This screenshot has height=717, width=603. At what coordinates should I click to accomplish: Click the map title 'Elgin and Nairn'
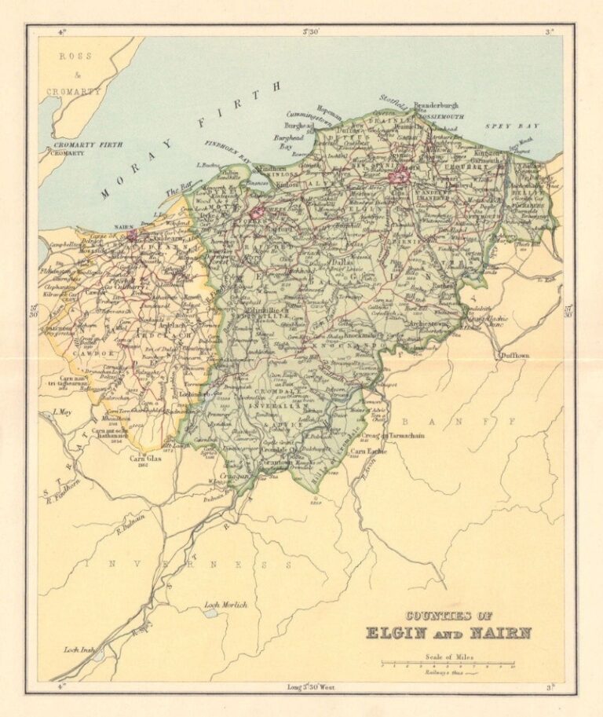pyautogui.click(x=448, y=632)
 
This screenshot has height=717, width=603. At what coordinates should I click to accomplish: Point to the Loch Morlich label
pyautogui.click(x=225, y=605)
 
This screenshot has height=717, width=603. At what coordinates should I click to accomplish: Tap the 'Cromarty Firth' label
pyautogui.click(x=81, y=145)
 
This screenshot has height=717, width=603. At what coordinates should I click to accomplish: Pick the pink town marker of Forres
pyautogui.click(x=258, y=213)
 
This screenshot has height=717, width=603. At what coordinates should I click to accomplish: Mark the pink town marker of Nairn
pyautogui.click(x=131, y=233)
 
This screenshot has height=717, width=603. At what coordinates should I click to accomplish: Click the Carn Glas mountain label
pyautogui.click(x=145, y=459)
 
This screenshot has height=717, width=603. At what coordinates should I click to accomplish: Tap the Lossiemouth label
pyautogui.click(x=443, y=115)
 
